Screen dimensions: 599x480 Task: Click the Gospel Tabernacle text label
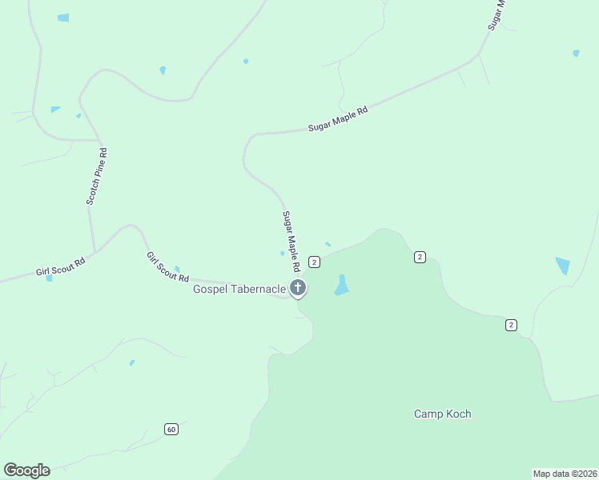tap(239, 288)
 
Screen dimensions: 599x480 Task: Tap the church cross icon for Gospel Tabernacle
tap(298, 288)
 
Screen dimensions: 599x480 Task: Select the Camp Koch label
tap(442, 414)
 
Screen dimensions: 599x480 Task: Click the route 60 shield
tap(171, 429)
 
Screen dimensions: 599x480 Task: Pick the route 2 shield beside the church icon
tap(314, 262)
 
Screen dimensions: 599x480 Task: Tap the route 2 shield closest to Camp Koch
tap(511, 324)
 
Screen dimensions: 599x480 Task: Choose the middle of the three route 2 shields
tap(420, 257)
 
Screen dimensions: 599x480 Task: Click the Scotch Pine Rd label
tap(97, 176)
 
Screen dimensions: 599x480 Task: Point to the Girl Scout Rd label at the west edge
tap(61, 266)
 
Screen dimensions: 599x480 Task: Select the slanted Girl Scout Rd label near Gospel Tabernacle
tap(167, 267)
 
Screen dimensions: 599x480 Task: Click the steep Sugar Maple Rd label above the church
tap(291, 240)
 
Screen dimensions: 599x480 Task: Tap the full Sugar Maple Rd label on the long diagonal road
tap(338, 120)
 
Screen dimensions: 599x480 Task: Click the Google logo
tap(26, 470)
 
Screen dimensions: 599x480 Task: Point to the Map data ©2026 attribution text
tap(565, 473)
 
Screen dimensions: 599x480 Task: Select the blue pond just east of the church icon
tap(342, 286)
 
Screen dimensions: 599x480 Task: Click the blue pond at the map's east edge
tap(563, 266)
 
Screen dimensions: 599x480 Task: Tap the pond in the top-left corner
tap(63, 18)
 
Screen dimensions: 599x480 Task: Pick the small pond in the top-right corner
tap(576, 54)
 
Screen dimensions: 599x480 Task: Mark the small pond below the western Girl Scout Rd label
tap(49, 278)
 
